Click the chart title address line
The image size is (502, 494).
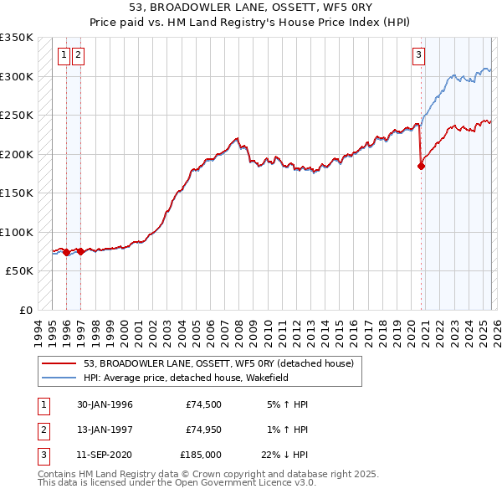click(251, 7)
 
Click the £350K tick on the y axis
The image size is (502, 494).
click(17, 38)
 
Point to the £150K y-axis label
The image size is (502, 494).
click(17, 193)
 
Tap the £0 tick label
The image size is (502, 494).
click(26, 311)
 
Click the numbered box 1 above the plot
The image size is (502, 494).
click(64, 56)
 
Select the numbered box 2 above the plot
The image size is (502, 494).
click(79, 56)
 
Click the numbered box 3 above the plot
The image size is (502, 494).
click(417, 56)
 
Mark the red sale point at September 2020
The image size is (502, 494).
click(421, 166)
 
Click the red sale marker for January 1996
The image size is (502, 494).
click(66, 252)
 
